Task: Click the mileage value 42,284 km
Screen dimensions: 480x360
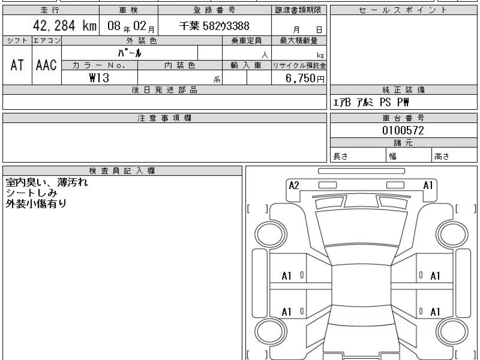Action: (x=65, y=26)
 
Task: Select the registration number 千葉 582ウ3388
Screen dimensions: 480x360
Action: (x=214, y=26)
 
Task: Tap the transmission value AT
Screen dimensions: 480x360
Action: (x=17, y=65)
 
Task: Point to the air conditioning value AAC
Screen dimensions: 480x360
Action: (x=46, y=65)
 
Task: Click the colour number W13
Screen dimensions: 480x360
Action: (x=99, y=78)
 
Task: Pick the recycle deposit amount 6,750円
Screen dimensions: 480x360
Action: (x=305, y=78)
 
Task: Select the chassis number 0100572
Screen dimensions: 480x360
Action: (x=403, y=130)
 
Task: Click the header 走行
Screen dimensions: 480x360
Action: (x=50, y=10)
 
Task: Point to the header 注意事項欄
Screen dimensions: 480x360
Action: (x=164, y=118)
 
